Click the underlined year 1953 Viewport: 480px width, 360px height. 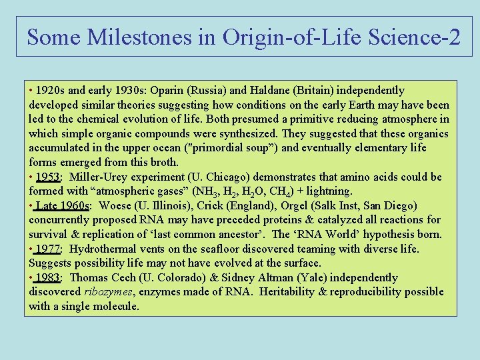coord(48,177)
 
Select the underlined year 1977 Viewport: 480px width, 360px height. coord(48,249)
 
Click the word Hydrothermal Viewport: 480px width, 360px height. coord(101,249)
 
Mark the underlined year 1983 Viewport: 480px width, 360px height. coord(48,277)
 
